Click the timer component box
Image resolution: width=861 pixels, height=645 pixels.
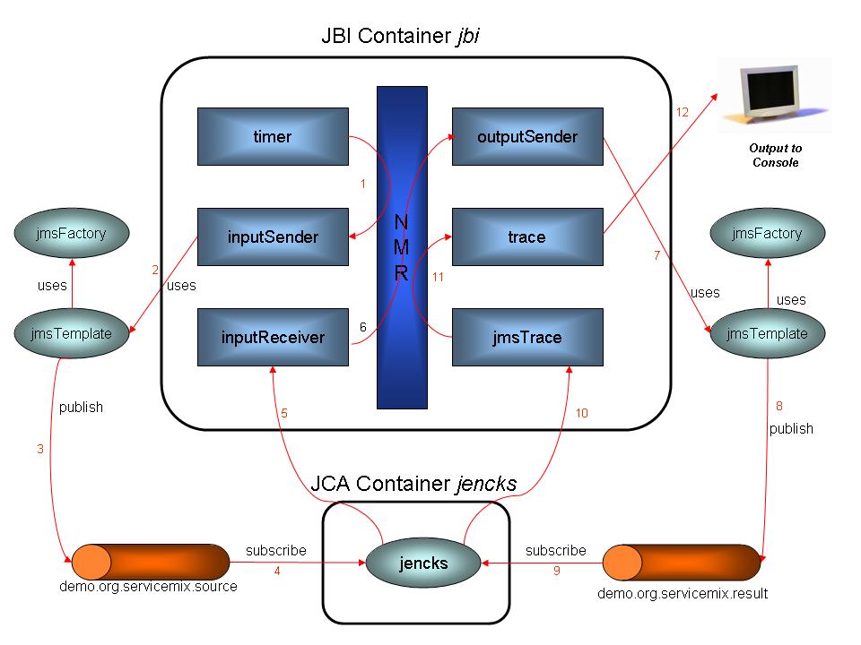tap(273, 137)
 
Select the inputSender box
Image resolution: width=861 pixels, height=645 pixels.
tap(273, 237)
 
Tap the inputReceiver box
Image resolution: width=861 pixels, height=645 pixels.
tap(273, 337)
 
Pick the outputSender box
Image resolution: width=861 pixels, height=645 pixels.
tap(527, 137)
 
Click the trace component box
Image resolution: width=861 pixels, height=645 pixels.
tap(527, 237)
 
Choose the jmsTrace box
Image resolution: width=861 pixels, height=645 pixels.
tap(527, 337)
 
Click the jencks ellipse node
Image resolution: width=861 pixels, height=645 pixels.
tap(423, 563)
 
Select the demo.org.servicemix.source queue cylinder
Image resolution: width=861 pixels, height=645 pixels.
tap(150, 561)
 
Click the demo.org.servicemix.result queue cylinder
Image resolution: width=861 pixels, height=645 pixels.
tap(682, 563)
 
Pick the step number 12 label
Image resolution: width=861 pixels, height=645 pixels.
tap(683, 112)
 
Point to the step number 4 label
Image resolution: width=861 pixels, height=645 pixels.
tap(277, 571)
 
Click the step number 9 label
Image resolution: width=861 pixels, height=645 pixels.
tap(556, 571)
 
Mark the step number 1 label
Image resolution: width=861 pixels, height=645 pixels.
tap(362, 185)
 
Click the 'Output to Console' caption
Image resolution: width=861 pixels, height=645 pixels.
tap(775, 155)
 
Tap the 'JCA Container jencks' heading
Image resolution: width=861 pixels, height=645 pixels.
tap(413, 484)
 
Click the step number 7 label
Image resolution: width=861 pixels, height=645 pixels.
tap(657, 256)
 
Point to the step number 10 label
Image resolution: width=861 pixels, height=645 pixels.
tap(582, 413)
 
